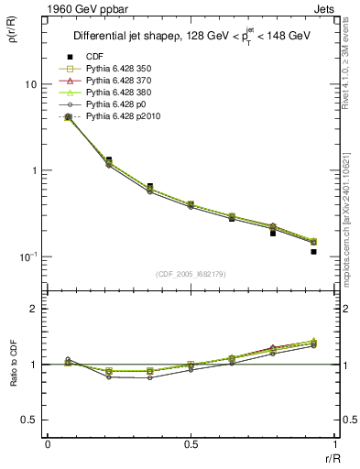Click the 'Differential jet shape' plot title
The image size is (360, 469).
click(x=192, y=36)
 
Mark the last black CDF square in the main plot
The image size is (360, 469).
click(x=313, y=251)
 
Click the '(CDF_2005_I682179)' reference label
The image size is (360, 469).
click(x=191, y=274)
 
